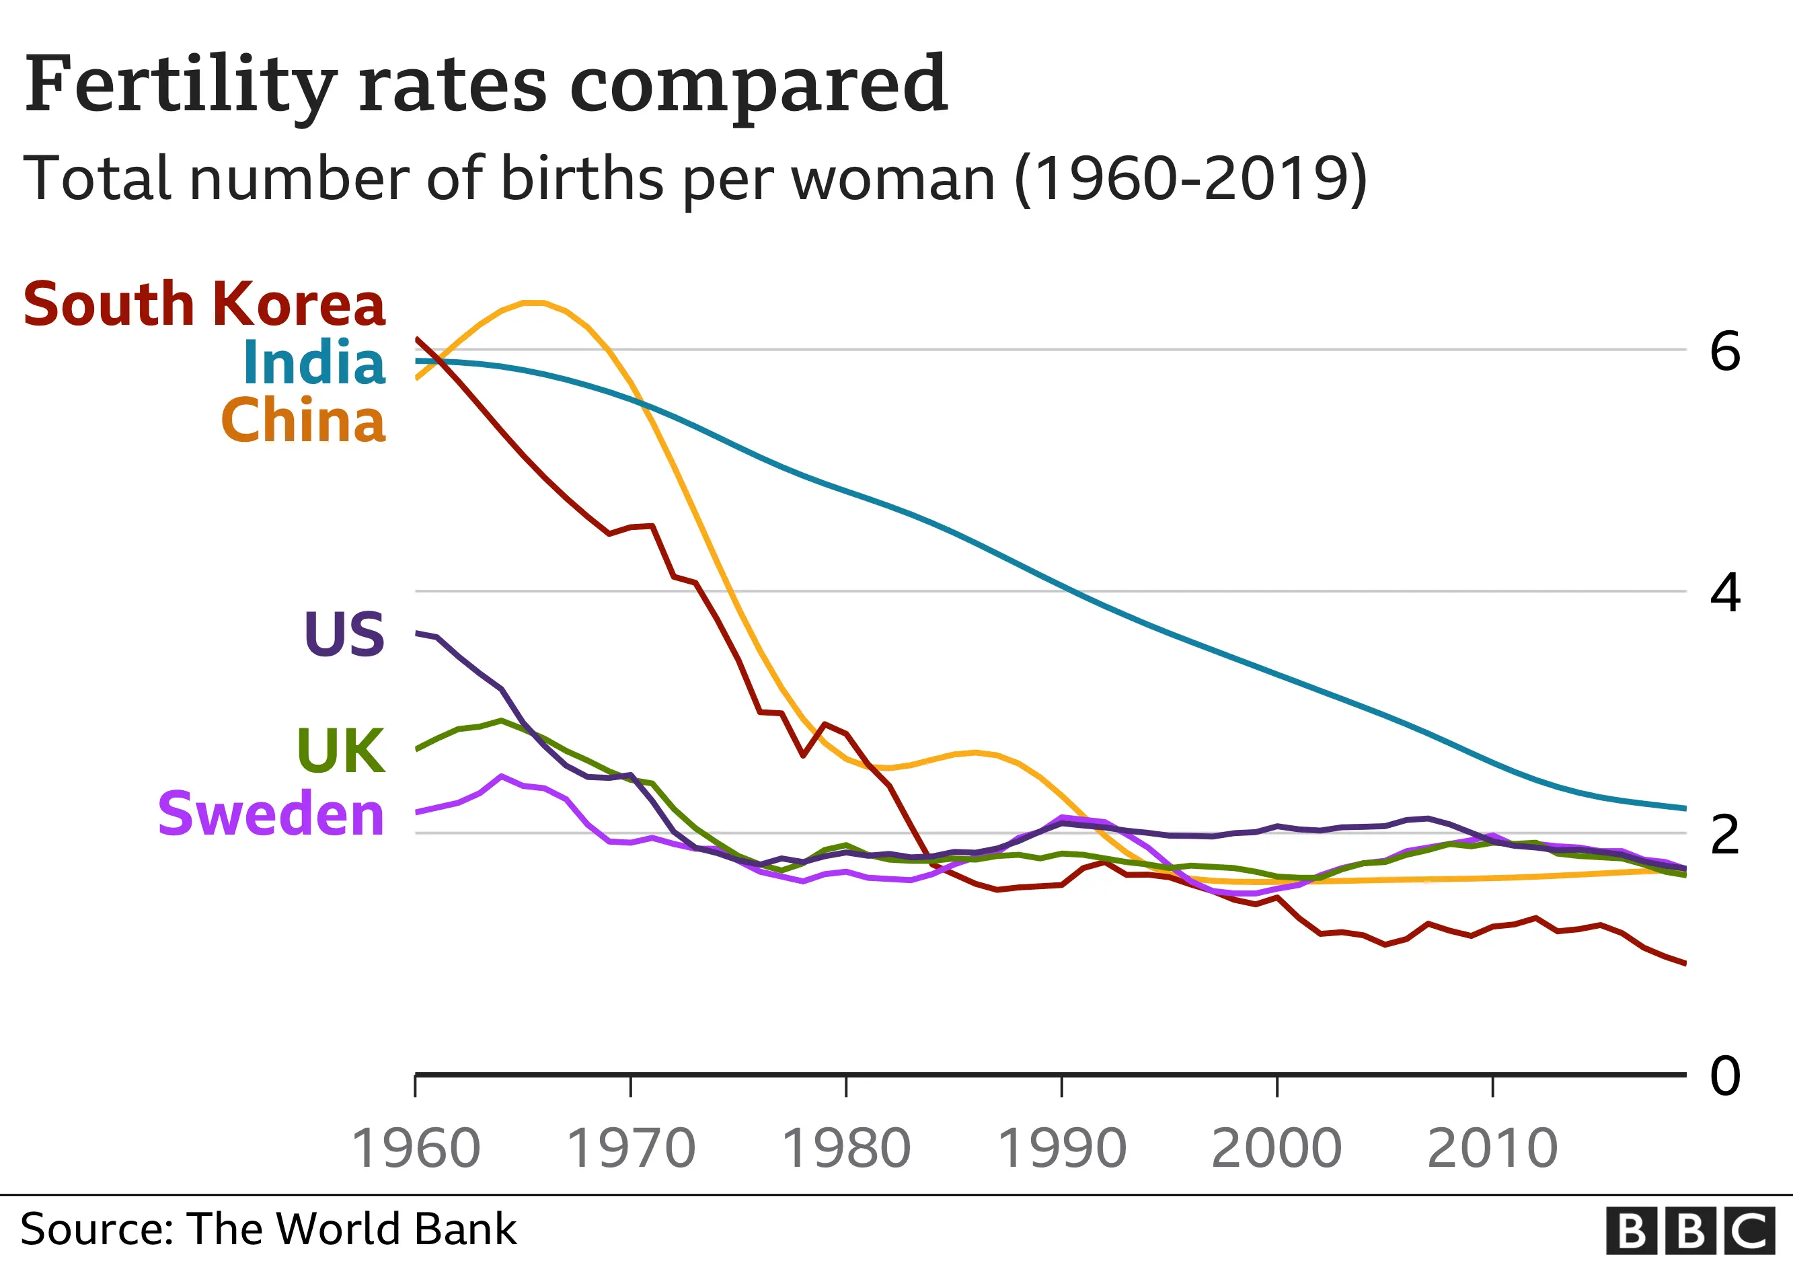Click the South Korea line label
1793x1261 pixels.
[204, 304]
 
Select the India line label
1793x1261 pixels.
[314, 363]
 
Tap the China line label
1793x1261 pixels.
[303, 420]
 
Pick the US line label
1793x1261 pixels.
[344, 634]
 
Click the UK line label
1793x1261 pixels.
[341, 751]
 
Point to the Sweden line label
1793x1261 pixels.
[271, 814]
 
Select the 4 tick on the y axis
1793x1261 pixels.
[1725, 593]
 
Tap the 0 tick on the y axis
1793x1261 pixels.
[1725, 1076]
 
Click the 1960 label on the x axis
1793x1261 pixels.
[416, 1149]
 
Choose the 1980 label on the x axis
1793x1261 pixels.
[846, 1149]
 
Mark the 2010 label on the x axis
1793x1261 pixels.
[1492, 1149]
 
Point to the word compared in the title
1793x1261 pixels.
[758, 86]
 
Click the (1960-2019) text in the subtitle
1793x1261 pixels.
[1191, 179]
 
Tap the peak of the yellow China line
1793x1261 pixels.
[533, 302]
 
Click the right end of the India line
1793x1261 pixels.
[1685, 808]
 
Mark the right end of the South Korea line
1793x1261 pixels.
[1685, 964]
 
